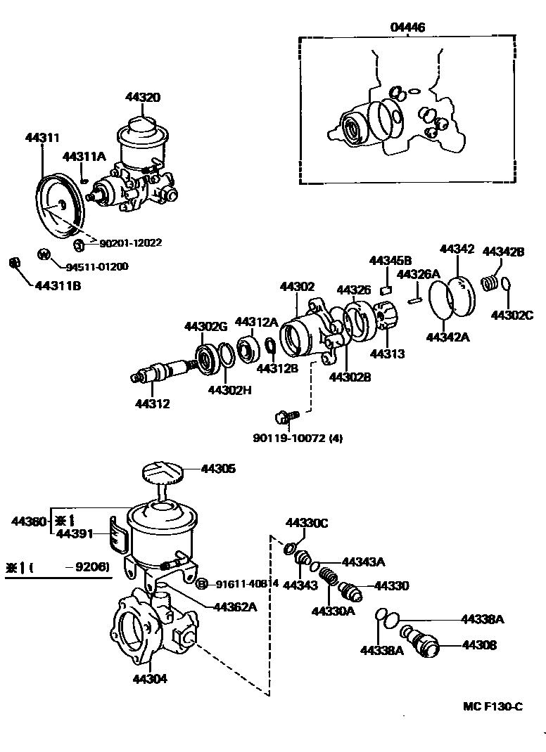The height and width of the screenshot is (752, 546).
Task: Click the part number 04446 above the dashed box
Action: (407, 27)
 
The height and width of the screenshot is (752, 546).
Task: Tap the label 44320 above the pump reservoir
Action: (143, 98)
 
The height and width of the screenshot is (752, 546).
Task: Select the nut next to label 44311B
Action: (12, 263)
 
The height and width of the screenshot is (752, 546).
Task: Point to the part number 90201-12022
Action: (130, 243)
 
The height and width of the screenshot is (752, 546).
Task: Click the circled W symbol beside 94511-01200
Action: (44, 254)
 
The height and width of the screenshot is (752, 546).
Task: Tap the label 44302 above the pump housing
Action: (297, 287)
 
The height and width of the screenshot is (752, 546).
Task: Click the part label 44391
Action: (74, 534)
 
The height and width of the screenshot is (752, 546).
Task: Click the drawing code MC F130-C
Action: (493, 706)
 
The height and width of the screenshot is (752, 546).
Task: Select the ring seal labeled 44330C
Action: (289, 547)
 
